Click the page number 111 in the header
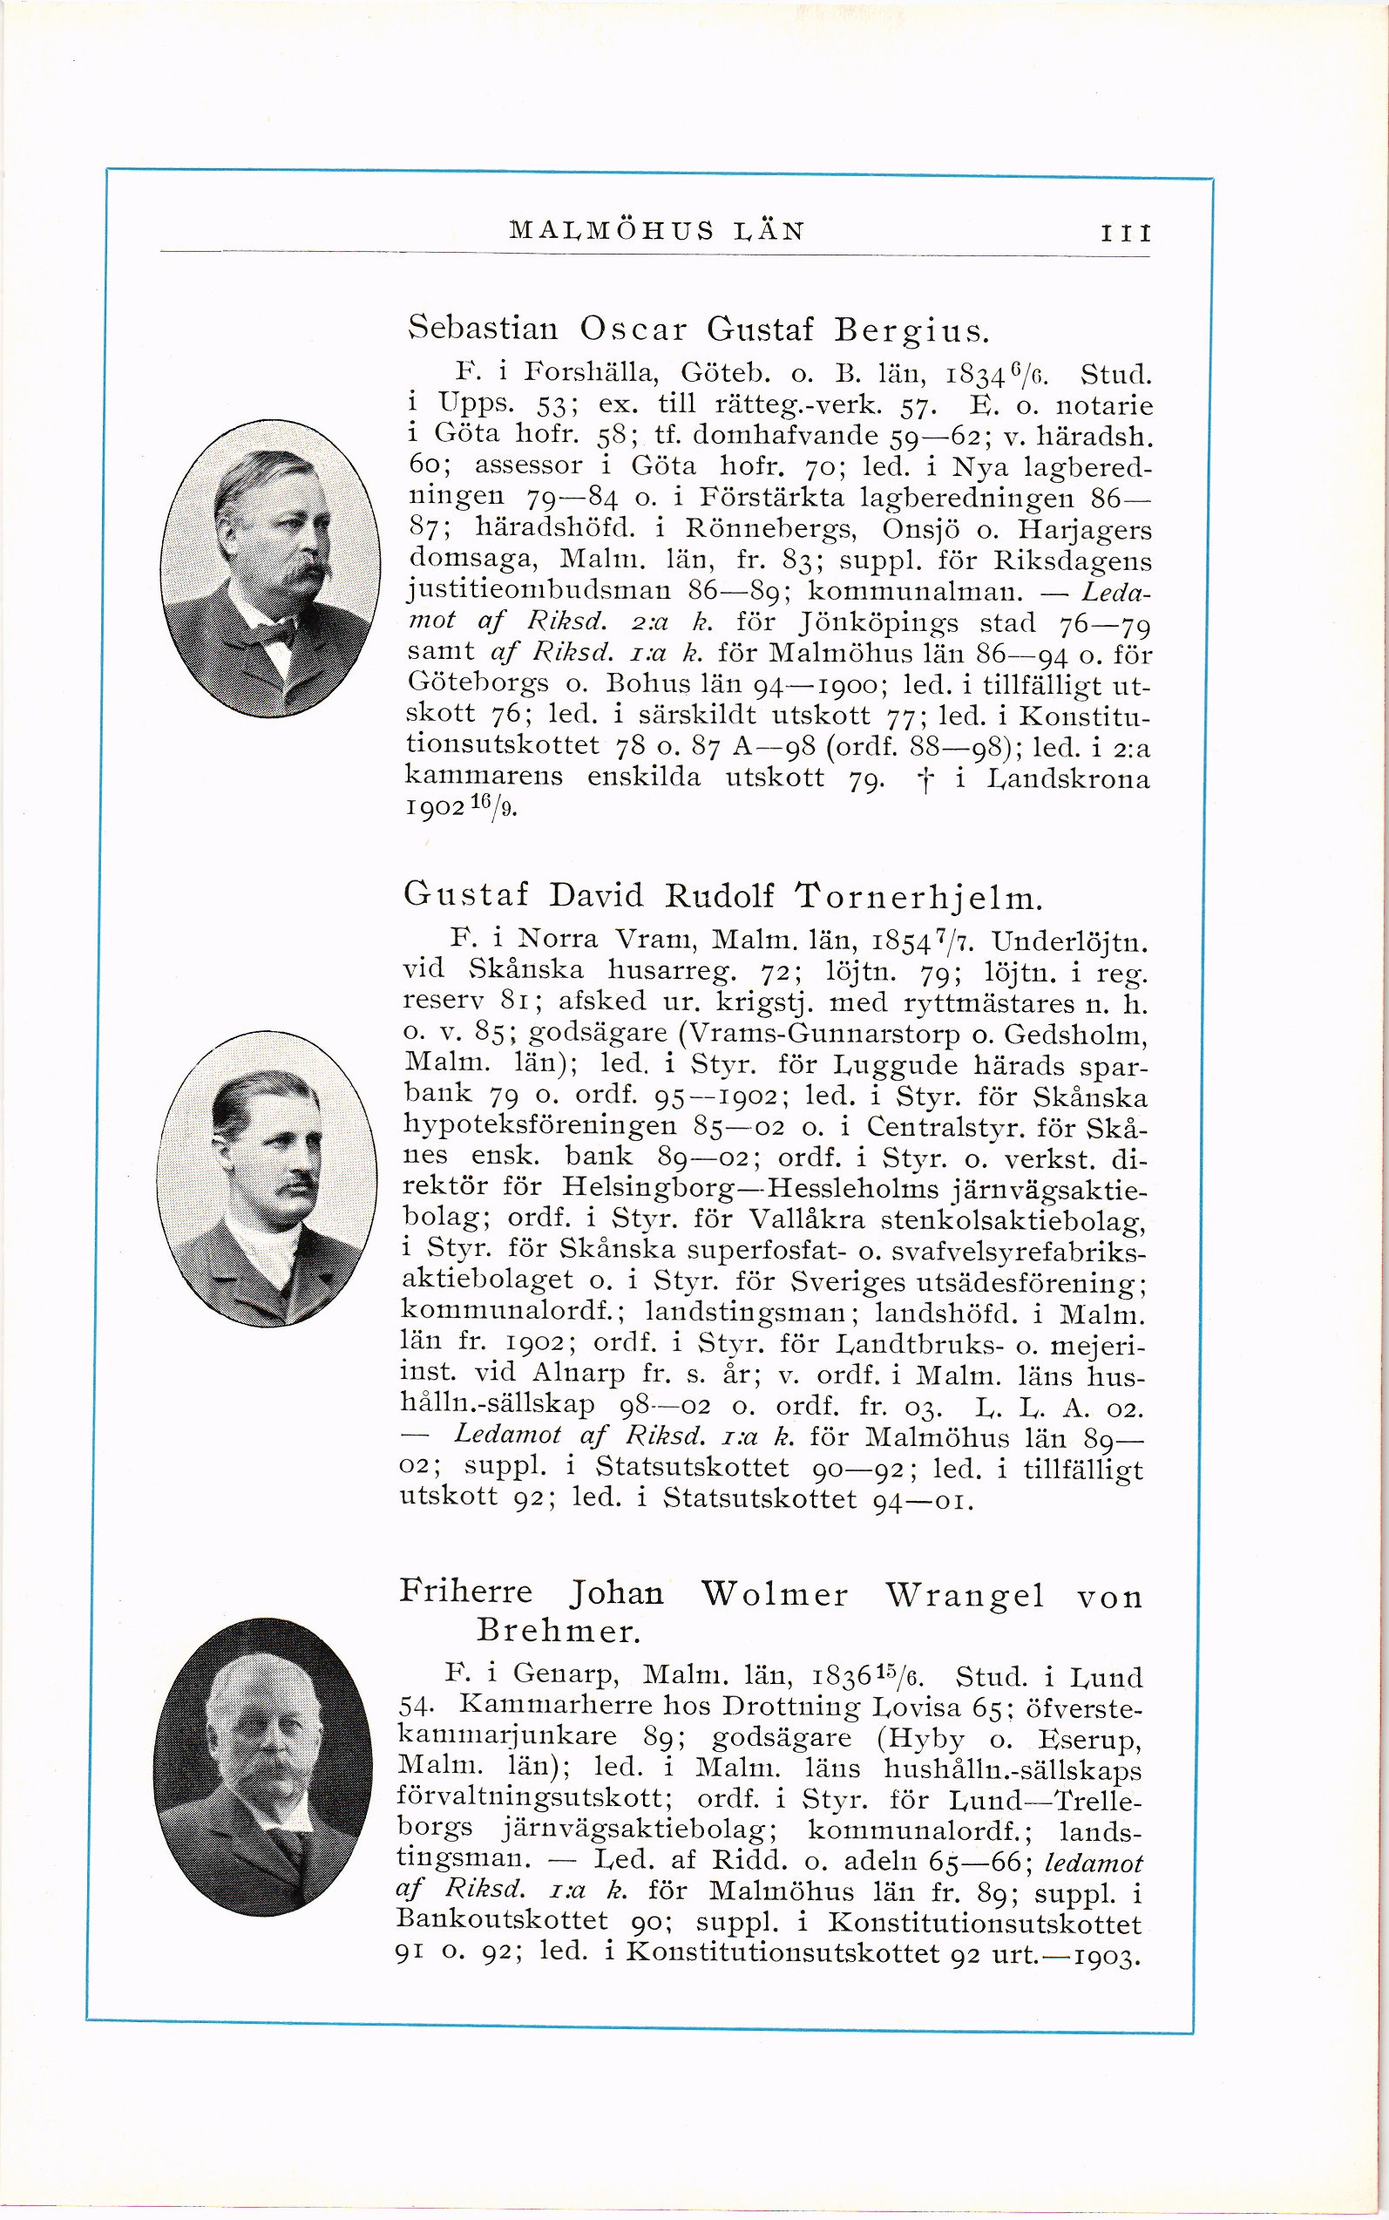tap(1125, 232)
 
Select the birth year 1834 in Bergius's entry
tap(987, 376)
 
